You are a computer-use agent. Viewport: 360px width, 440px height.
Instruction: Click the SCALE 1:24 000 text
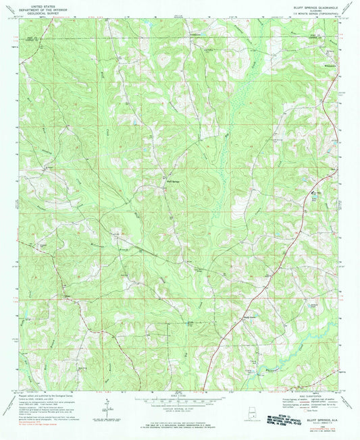pyautogui.click(x=180, y=395)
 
